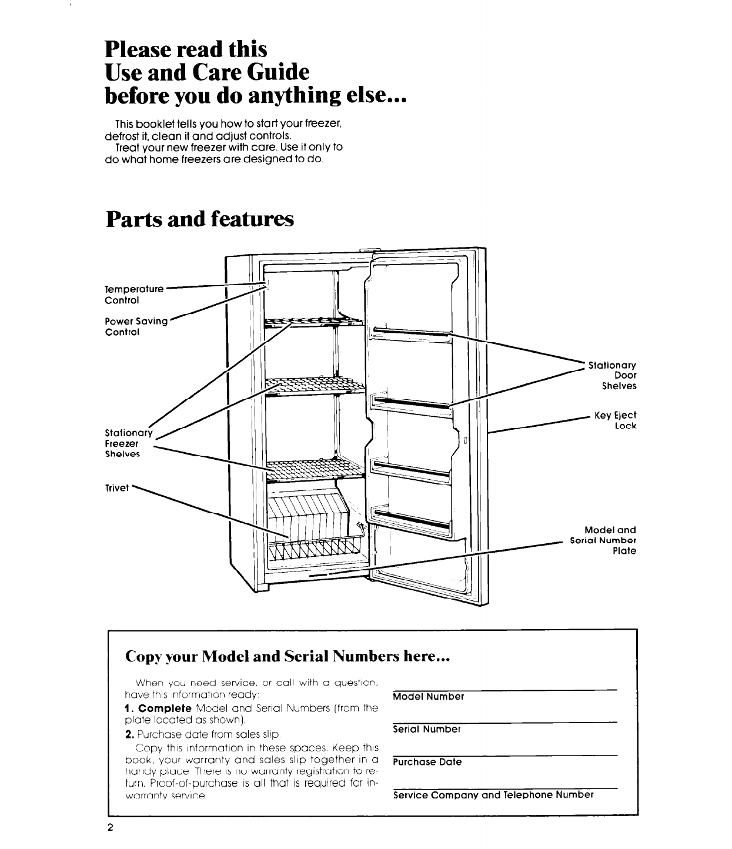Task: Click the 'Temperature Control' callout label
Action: (x=133, y=295)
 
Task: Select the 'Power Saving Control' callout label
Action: (x=136, y=326)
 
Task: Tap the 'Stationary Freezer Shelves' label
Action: (x=128, y=443)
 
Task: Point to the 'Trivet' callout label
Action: (x=116, y=487)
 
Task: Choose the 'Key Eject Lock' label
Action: (x=615, y=420)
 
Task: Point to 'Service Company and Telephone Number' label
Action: (x=493, y=795)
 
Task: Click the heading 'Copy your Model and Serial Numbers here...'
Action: (x=288, y=656)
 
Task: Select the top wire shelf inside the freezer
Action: (x=315, y=321)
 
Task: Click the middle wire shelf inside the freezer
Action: (x=315, y=387)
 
